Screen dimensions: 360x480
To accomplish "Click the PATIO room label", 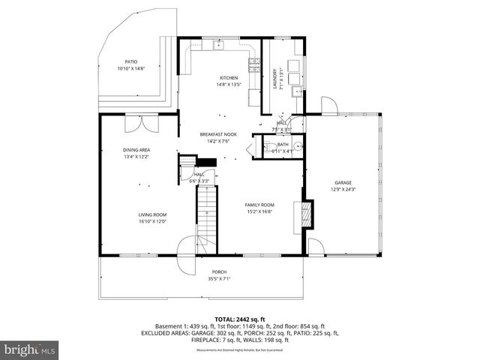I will (x=130, y=62).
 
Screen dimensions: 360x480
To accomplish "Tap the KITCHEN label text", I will (x=229, y=78).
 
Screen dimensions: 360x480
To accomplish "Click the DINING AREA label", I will (x=136, y=150).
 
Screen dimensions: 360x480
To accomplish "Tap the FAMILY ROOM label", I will (x=260, y=205).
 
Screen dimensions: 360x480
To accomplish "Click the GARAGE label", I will (x=343, y=182).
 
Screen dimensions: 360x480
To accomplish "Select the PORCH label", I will (x=219, y=271).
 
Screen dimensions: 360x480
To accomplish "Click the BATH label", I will (x=282, y=145).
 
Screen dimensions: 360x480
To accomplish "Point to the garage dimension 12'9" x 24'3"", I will (x=343, y=189).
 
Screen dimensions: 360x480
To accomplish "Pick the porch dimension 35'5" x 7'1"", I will (x=219, y=278).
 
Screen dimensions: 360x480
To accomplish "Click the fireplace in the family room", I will (x=304, y=214).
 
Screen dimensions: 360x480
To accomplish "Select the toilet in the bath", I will (x=297, y=146).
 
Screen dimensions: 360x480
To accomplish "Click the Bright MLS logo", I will (x=29, y=349).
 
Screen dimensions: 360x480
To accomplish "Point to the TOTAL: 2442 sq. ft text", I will (x=240, y=319).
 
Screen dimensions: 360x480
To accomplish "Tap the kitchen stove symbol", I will (x=254, y=64).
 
